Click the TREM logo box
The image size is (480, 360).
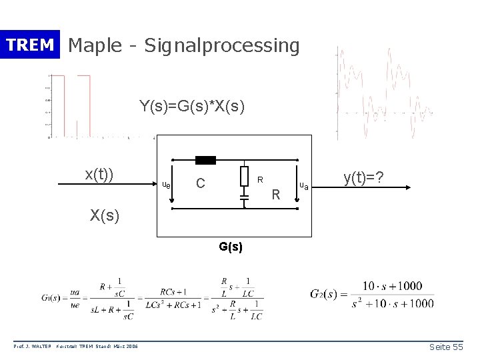[30, 45]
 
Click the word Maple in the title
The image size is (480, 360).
[94, 45]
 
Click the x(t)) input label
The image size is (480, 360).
[99, 174]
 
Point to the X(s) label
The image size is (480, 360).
[105, 215]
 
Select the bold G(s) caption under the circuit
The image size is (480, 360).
[231, 246]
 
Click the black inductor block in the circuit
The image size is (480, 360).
[205, 160]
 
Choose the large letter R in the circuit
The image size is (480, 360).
[277, 195]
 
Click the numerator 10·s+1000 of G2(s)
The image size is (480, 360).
[392, 286]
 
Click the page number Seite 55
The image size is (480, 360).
[447, 347]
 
